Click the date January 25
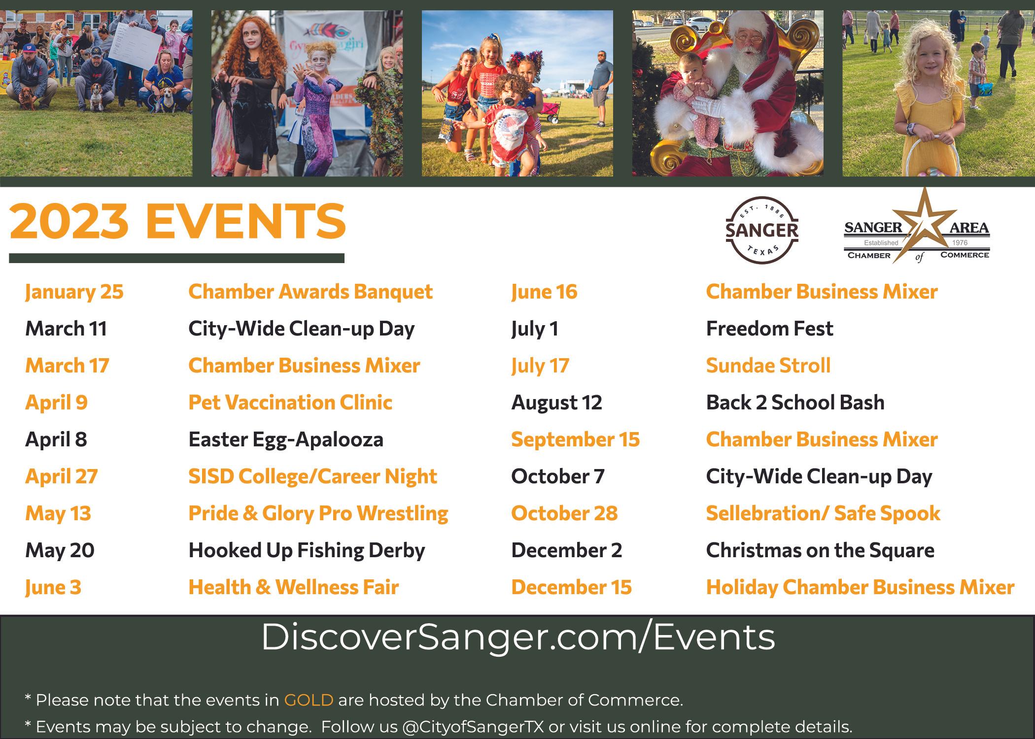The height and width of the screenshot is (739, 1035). [x=74, y=292]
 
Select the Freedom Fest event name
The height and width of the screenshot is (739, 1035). [x=769, y=329]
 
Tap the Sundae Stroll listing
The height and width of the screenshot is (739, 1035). [x=768, y=366]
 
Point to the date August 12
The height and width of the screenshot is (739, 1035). [x=556, y=403]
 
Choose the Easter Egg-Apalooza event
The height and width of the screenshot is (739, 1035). [x=286, y=440]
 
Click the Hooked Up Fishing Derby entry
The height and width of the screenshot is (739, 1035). [x=307, y=551]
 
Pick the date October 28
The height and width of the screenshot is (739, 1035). [x=564, y=513]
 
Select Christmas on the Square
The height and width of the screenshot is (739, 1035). [x=820, y=551]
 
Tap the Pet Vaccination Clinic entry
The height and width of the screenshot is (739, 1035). [x=290, y=403]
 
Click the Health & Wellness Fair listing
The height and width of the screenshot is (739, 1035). [x=294, y=587]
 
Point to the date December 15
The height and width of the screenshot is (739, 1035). [x=571, y=587]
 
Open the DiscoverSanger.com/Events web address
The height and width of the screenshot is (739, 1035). [x=517, y=638]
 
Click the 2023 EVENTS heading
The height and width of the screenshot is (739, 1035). [x=177, y=221]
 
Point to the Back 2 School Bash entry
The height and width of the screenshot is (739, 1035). [x=795, y=403]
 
